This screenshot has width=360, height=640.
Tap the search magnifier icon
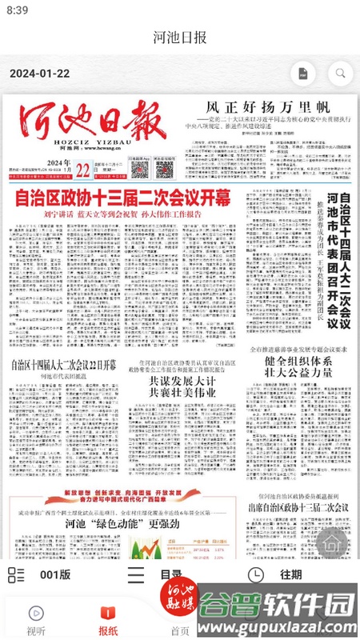pyautogui.click(x=340, y=73)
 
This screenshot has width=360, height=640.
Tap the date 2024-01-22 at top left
pyautogui.click(x=40, y=73)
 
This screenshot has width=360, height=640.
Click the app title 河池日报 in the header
pyautogui.click(x=180, y=38)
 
